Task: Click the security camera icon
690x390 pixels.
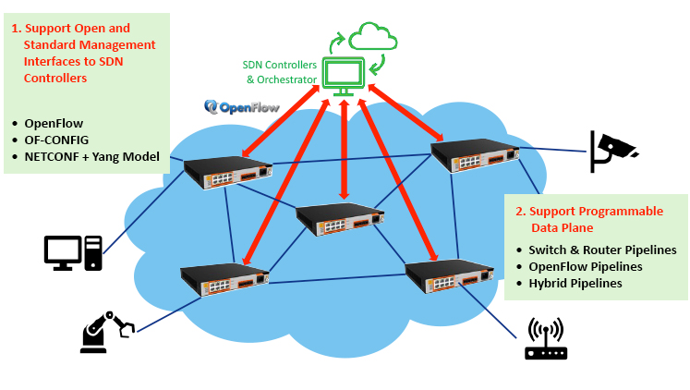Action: [612, 151]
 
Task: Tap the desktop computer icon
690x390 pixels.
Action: [73, 252]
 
